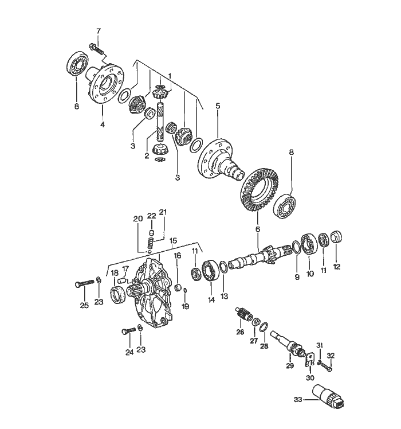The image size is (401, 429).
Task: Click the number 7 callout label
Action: point(99,30)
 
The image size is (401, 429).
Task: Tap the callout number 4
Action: point(103,124)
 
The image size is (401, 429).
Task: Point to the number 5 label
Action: point(218,106)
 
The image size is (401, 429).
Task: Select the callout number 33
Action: point(298,400)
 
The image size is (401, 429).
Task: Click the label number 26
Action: point(240,332)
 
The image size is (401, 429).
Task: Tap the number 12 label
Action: point(337,266)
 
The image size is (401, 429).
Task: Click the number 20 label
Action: point(137,219)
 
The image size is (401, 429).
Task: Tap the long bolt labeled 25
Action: point(84,283)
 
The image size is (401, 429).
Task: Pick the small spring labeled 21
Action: point(152,243)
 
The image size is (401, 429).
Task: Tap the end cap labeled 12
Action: point(337,236)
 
